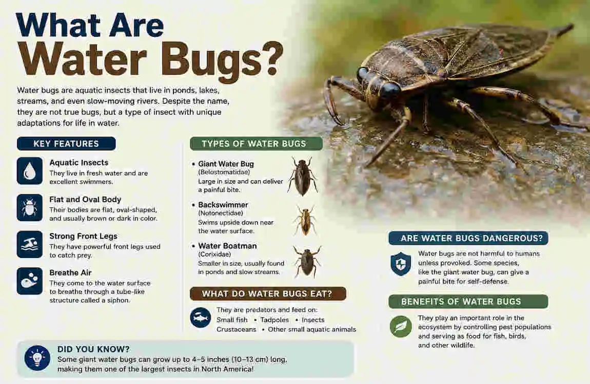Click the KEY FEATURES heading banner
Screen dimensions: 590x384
66,143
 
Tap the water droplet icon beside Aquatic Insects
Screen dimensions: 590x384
30,171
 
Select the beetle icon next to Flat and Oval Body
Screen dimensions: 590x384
30,207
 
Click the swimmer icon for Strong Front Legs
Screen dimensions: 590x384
30,244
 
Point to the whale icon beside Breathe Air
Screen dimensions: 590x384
30,281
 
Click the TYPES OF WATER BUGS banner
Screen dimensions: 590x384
256,143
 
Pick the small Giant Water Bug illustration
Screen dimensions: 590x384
303,176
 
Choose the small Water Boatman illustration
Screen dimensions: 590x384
307,261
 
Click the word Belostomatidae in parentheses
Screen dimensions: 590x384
224,173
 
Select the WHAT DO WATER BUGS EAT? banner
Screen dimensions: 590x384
268,293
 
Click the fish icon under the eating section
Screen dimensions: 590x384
201,317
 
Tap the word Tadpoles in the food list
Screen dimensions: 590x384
274,320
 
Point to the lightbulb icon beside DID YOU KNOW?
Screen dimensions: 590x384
37,358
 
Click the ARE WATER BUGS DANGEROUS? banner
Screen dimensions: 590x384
468,238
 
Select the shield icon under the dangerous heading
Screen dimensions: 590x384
401,264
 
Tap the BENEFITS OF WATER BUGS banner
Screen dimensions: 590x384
468,302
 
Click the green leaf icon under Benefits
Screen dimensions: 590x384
401,327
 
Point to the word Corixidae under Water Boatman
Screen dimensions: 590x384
215,254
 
